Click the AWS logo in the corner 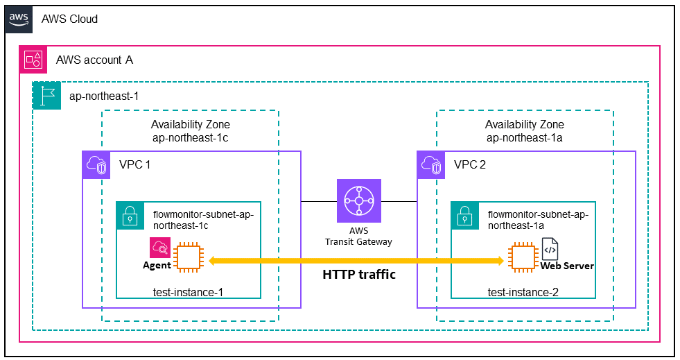(x=19, y=19)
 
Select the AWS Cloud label (x=69, y=19)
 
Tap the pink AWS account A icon (x=33, y=60)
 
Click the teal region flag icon (x=47, y=96)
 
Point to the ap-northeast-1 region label (x=104, y=96)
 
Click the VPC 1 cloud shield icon (x=96, y=165)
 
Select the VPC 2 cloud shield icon (x=431, y=165)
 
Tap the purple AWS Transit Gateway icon (x=359, y=201)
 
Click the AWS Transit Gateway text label (x=358, y=237)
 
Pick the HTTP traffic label (x=359, y=275)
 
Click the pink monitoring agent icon (x=160, y=248)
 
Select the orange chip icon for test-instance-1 (x=189, y=259)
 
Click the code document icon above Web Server (x=550, y=249)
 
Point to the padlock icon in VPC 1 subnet (x=130, y=216)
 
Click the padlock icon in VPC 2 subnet (x=465, y=216)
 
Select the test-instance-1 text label (x=189, y=292)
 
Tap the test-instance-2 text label (x=523, y=292)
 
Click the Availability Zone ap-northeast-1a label (x=525, y=131)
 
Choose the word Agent (x=157, y=266)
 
